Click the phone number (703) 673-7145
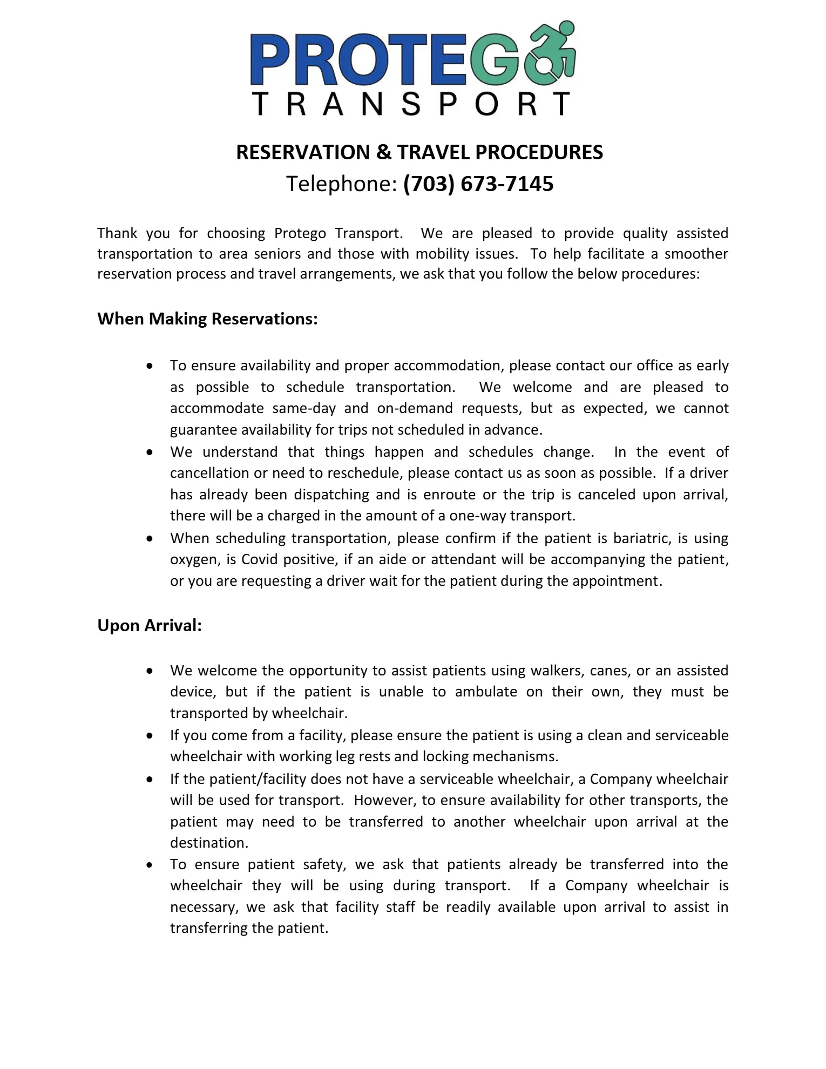(x=478, y=184)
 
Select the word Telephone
(x=341, y=184)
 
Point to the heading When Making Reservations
(x=207, y=319)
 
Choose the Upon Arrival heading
(x=150, y=625)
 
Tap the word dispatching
(x=331, y=495)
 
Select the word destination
(x=209, y=843)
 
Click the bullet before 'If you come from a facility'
(x=150, y=736)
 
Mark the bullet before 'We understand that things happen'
(x=150, y=452)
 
